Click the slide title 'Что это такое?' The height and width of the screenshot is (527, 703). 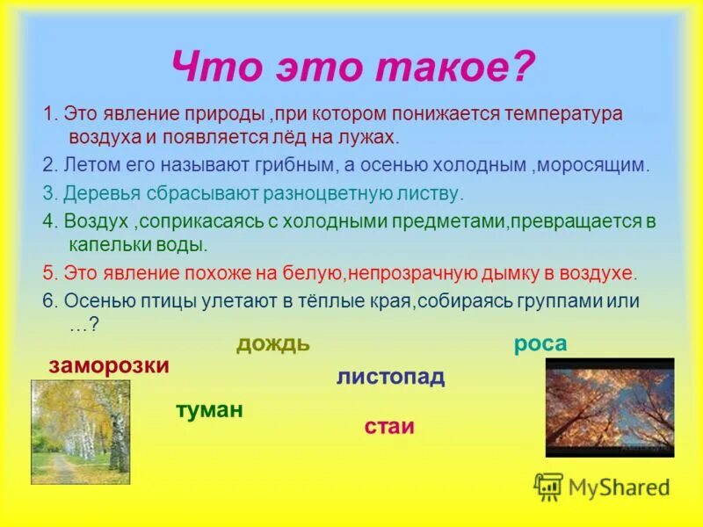pos(351,66)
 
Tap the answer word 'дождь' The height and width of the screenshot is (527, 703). pos(272,343)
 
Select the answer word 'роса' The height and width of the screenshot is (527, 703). pos(540,344)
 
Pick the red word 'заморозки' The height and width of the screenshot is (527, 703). pos(109,365)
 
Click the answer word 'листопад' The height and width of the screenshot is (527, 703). pos(390,378)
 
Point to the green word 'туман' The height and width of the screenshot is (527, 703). pos(209,409)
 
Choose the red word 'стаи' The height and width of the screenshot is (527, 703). pos(388,428)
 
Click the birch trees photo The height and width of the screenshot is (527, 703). pos(80,431)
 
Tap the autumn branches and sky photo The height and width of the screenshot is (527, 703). pos(610,407)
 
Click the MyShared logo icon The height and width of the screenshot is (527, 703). pos(548,487)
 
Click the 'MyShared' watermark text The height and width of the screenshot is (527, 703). pos(619,487)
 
